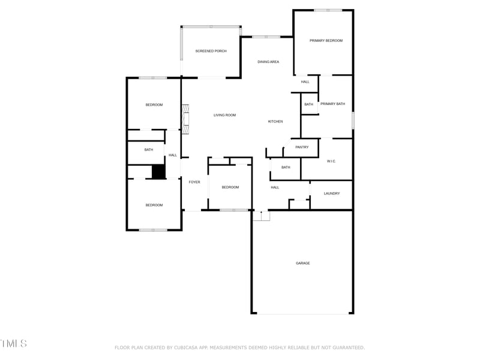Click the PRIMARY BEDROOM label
tap(326, 41)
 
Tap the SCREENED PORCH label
tap(211, 51)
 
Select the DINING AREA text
tap(268, 62)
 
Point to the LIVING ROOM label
tap(224, 115)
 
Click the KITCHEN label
tap(275, 122)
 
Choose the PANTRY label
tap(302, 147)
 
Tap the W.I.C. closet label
tap(331, 161)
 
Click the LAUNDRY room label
tap(332, 193)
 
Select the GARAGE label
tap(302, 263)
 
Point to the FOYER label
tap(194, 182)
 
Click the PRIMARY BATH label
tap(332, 104)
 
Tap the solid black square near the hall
tap(158, 172)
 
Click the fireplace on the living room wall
tap(186, 119)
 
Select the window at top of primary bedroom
tap(328, 10)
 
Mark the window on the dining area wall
tap(266, 37)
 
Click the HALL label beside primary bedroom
tap(305, 82)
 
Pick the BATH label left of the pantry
tap(286, 167)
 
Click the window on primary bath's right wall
tap(353, 119)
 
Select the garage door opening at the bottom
tap(302, 313)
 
